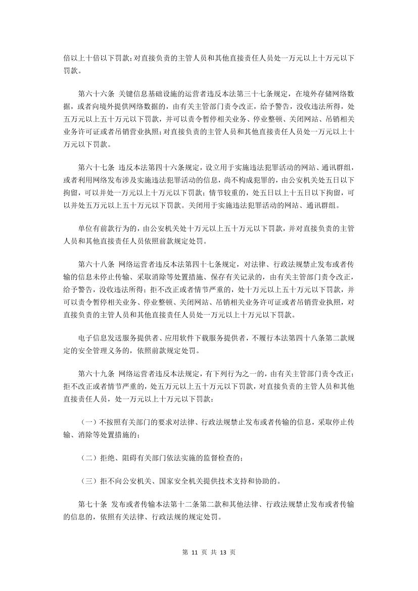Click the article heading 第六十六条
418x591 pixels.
click(x=96, y=93)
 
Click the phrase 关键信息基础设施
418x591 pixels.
click(x=146, y=93)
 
